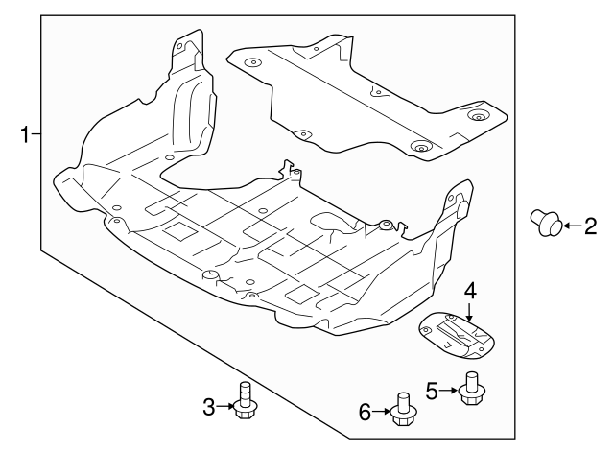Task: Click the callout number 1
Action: (25, 134)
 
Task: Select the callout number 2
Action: (591, 226)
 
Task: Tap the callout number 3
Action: (209, 407)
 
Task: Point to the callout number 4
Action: (470, 292)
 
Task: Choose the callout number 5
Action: (432, 391)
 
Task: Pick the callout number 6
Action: (365, 412)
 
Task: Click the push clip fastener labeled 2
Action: (547, 223)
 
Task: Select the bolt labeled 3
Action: (245, 401)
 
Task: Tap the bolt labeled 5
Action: (472, 389)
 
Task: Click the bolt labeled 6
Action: (404, 410)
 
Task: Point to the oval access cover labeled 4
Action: (457, 335)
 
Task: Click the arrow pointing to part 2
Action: (572, 226)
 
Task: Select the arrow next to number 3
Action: (224, 407)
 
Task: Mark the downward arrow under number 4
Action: (470, 311)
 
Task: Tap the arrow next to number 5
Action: (448, 391)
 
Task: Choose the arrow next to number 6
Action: (382, 412)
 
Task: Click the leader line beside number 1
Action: (36, 134)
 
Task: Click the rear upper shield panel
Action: (366, 98)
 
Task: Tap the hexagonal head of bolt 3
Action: (245, 410)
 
